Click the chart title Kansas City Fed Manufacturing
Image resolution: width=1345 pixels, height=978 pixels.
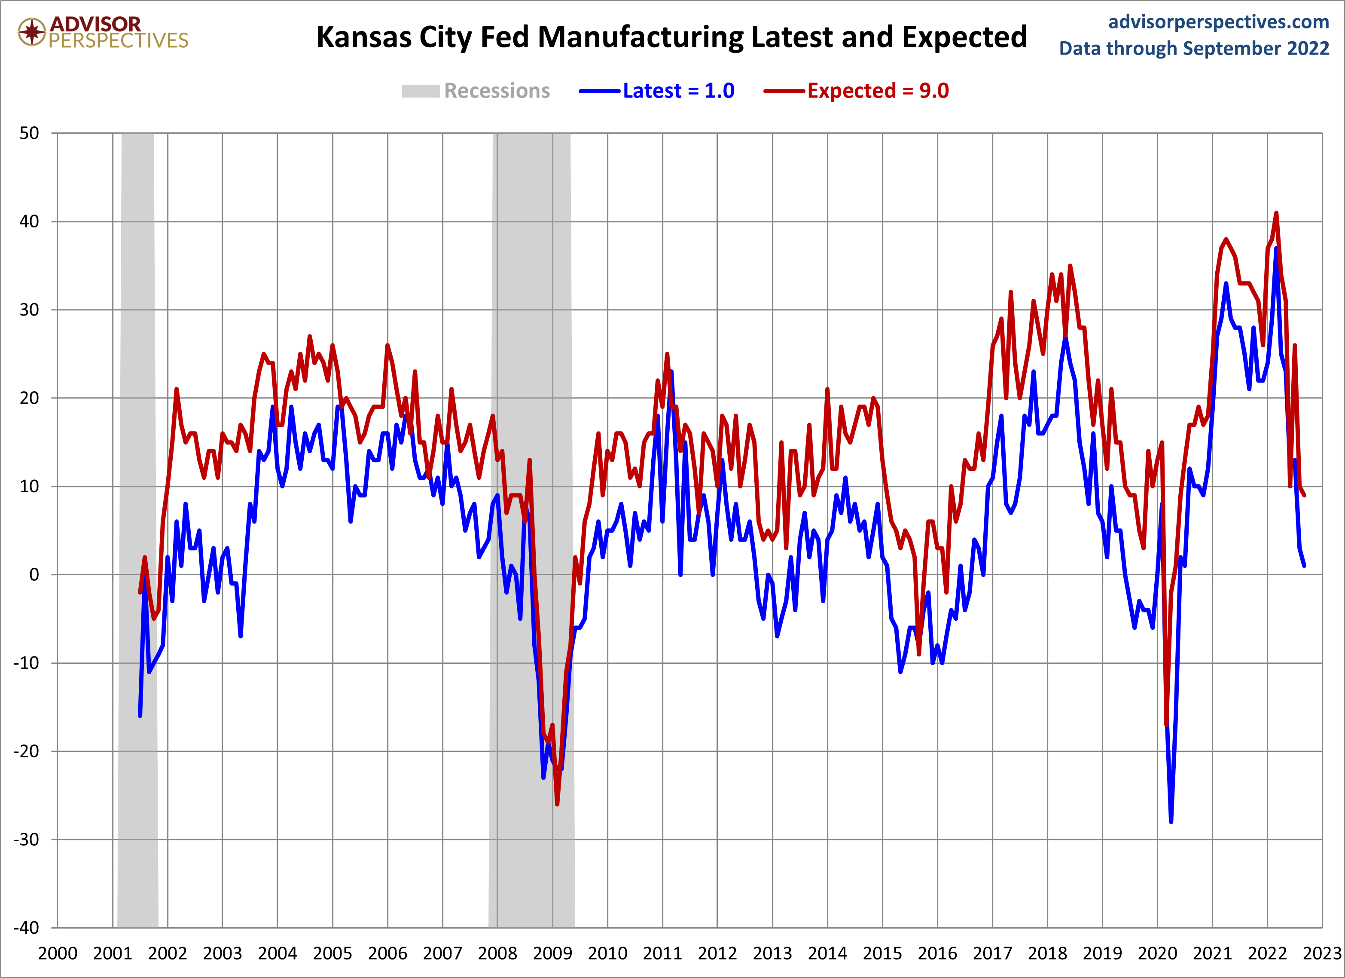(671, 37)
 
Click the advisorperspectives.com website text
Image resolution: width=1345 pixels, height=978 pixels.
(1219, 22)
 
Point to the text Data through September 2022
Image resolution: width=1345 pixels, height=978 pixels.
(1194, 49)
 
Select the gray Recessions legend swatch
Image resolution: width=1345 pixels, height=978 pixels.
(421, 91)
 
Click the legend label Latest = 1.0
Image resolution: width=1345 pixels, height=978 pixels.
(678, 91)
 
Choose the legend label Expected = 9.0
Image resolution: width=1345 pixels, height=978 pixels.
(878, 91)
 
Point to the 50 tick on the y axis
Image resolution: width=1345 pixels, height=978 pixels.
(30, 133)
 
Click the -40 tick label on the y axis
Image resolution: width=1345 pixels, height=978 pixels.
(27, 928)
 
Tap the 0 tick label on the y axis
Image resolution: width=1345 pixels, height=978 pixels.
(34, 574)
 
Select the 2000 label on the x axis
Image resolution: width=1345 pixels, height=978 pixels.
(58, 953)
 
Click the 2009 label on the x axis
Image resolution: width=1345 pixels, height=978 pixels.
(552, 953)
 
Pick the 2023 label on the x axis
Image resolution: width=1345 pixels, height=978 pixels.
(1322, 953)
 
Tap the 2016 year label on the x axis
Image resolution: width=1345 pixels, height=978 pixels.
(937, 953)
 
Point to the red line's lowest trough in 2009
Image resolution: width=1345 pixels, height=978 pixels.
(558, 804)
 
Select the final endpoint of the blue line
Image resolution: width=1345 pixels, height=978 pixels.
(1304, 566)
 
